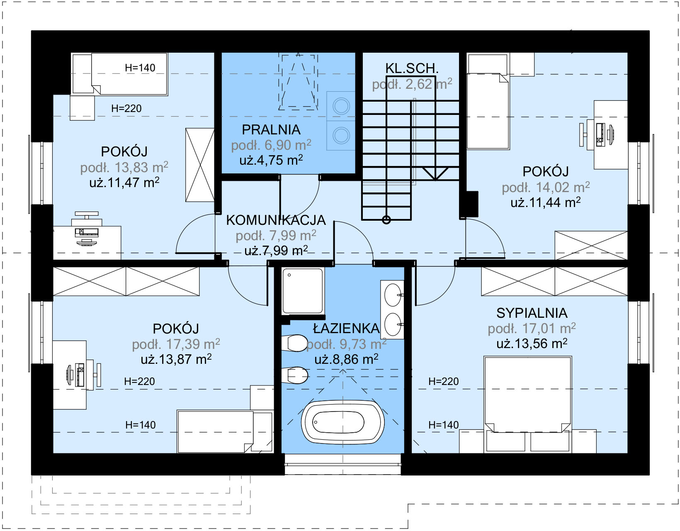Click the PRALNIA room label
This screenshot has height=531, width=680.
pos(271,129)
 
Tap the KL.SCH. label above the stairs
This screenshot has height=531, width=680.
pos(411,68)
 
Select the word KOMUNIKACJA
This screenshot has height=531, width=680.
pos(276,220)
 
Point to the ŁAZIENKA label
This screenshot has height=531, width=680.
pos(346,329)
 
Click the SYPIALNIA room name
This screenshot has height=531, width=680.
pos(532,313)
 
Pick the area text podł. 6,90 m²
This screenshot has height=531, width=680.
pos(271,145)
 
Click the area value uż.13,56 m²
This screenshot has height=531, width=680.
pos(532,343)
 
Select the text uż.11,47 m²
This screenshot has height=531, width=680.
pos(124,182)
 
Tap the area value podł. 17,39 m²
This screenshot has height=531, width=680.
pos(176,344)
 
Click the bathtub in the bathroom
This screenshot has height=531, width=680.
pos(342,422)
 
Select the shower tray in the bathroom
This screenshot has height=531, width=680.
pos(302,291)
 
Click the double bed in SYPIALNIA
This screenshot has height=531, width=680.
pos(527,404)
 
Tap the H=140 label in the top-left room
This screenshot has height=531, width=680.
pos(140,68)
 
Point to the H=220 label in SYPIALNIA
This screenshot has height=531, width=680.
pos(443,381)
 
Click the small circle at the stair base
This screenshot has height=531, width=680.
pos(386,220)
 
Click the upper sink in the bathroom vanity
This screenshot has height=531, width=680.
pos(393,295)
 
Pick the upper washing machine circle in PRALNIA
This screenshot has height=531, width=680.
pos(341,106)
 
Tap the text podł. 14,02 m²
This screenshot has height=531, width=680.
pos(546,187)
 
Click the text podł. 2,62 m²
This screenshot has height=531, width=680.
pos(412,84)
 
